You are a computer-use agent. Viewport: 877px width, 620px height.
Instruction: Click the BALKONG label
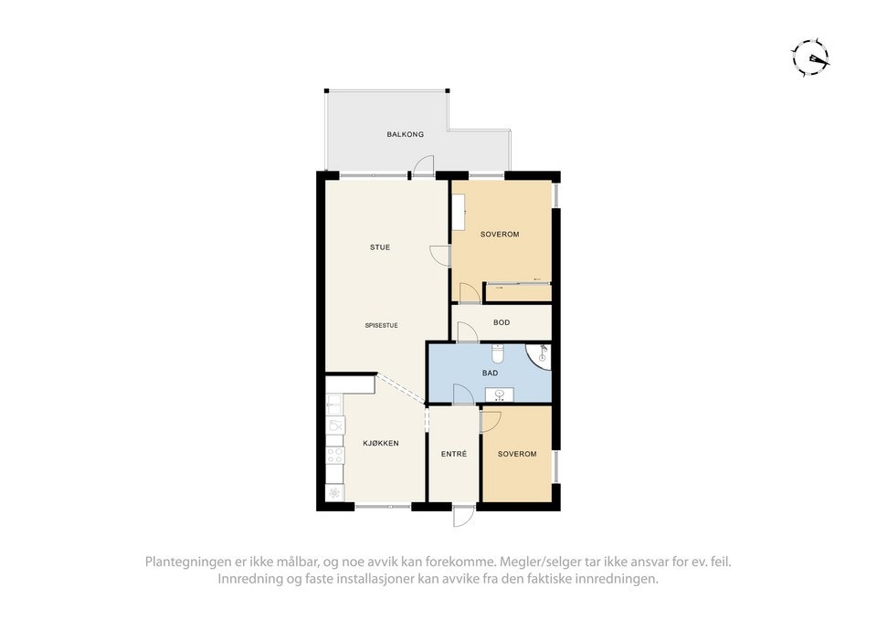tap(405, 134)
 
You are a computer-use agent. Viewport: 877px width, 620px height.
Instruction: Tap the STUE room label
tap(380, 247)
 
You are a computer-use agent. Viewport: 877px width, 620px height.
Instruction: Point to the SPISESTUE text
tap(381, 325)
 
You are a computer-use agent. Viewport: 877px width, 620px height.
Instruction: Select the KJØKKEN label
tap(380, 444)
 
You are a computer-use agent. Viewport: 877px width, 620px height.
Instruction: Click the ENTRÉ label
tap(453, 454)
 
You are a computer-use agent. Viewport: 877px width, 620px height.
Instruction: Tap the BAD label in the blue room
tap(490, 373)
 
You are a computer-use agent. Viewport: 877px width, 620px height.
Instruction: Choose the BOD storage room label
tap(502, 322)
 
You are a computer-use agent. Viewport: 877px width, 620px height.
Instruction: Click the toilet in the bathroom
tap(498, 352)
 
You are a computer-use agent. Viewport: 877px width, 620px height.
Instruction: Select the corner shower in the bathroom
tap(540, 355)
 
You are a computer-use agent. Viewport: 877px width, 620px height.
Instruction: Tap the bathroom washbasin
tap(499, 394)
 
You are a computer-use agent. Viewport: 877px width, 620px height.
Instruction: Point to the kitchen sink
tap(335, 426)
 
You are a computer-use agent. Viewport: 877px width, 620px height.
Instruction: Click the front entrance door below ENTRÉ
tap(463, 516)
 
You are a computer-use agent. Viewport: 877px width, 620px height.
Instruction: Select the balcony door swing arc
tap(422, 165)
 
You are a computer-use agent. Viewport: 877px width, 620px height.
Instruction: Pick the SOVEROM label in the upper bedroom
tap(499, 235)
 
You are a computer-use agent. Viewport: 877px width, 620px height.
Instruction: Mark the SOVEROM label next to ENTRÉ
tap(516, 454)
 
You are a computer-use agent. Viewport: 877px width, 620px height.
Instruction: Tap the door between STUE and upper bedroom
tap(441, 256)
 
